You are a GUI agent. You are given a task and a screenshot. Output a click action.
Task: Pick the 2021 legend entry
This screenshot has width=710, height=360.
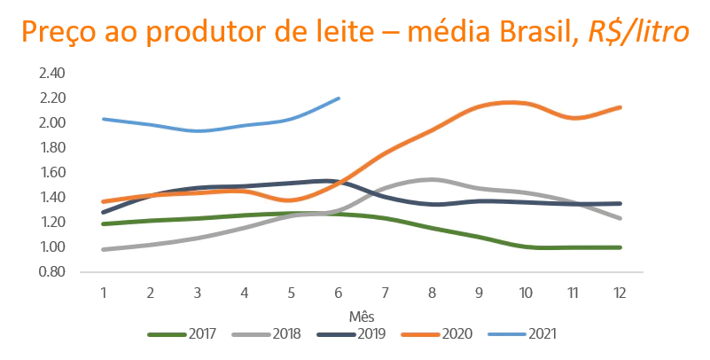pos(527,334)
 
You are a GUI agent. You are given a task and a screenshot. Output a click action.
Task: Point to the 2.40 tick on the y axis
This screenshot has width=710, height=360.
pos(52,73)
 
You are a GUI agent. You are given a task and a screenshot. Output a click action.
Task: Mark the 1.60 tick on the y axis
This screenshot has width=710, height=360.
pos(52,172)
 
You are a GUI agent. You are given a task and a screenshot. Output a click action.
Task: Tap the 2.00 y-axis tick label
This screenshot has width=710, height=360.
pos(52,122)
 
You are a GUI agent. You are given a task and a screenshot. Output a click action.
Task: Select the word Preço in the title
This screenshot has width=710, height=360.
pos(60,33)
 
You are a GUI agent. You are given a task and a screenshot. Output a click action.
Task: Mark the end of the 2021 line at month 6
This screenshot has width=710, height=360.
pos(339,98)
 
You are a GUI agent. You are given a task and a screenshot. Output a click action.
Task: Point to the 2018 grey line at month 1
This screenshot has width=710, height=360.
pos(103,249)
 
